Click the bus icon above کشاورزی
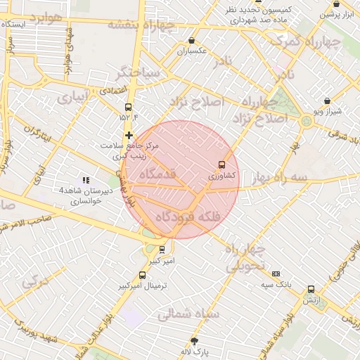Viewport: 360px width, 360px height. [223, 165]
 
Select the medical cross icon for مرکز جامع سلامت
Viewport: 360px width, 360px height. [129, 135]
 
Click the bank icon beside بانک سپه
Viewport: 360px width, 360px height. [276, 274]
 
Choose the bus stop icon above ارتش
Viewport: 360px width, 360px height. [311, 289]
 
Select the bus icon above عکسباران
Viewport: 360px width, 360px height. [193, 41]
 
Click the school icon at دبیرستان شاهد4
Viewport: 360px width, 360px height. [86, 181]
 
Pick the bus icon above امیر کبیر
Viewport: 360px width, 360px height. [162, 250]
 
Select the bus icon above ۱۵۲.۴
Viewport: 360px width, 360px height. [128, 107]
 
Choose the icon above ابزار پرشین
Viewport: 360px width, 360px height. [336, 4]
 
